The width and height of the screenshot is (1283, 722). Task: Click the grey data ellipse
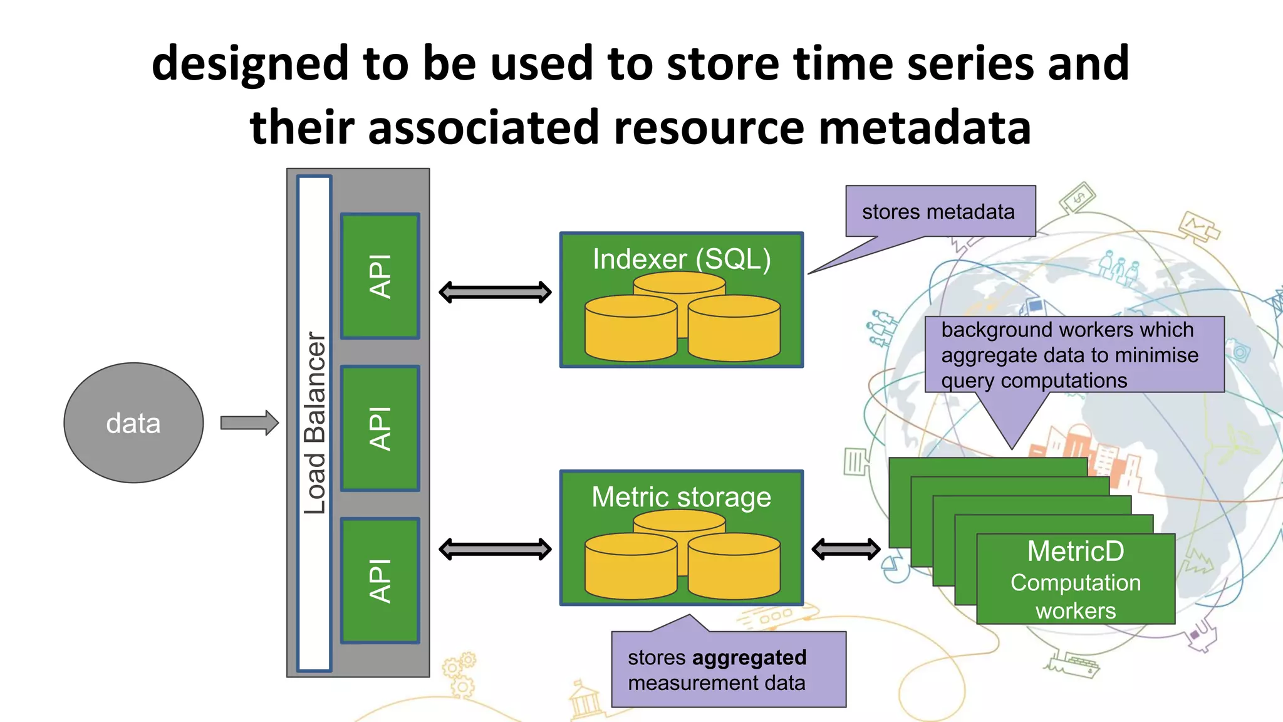[x=133, y=423]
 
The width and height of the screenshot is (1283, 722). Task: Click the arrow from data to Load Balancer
[x=249, y=423]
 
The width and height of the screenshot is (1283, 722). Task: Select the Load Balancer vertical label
[x=314, y=423]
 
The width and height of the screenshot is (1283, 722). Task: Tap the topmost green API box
[x=380, y=276]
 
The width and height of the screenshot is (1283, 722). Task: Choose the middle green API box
[x=380, y=429]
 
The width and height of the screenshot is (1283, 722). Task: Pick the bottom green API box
[x=380, y=581]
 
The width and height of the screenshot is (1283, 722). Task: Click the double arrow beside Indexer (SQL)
[x=495, y=292]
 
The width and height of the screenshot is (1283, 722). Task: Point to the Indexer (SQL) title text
[x=682, y=259]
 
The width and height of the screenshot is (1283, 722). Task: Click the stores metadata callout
[x=938, y=212]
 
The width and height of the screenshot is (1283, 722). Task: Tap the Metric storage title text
[x=682, y=497]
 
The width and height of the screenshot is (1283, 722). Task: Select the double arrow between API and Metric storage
[x=495, y=550]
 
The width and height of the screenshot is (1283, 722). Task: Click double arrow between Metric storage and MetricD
[x=846, y=550]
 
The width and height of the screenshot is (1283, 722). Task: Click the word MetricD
[x=1076, y=552]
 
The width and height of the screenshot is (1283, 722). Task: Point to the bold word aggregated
[x=749, y=657]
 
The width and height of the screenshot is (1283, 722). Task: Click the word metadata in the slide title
[x=925, y=127]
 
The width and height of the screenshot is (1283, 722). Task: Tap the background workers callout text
[x=1069, y=355]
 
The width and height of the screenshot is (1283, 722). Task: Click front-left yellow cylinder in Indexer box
[x=631, y=329]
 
